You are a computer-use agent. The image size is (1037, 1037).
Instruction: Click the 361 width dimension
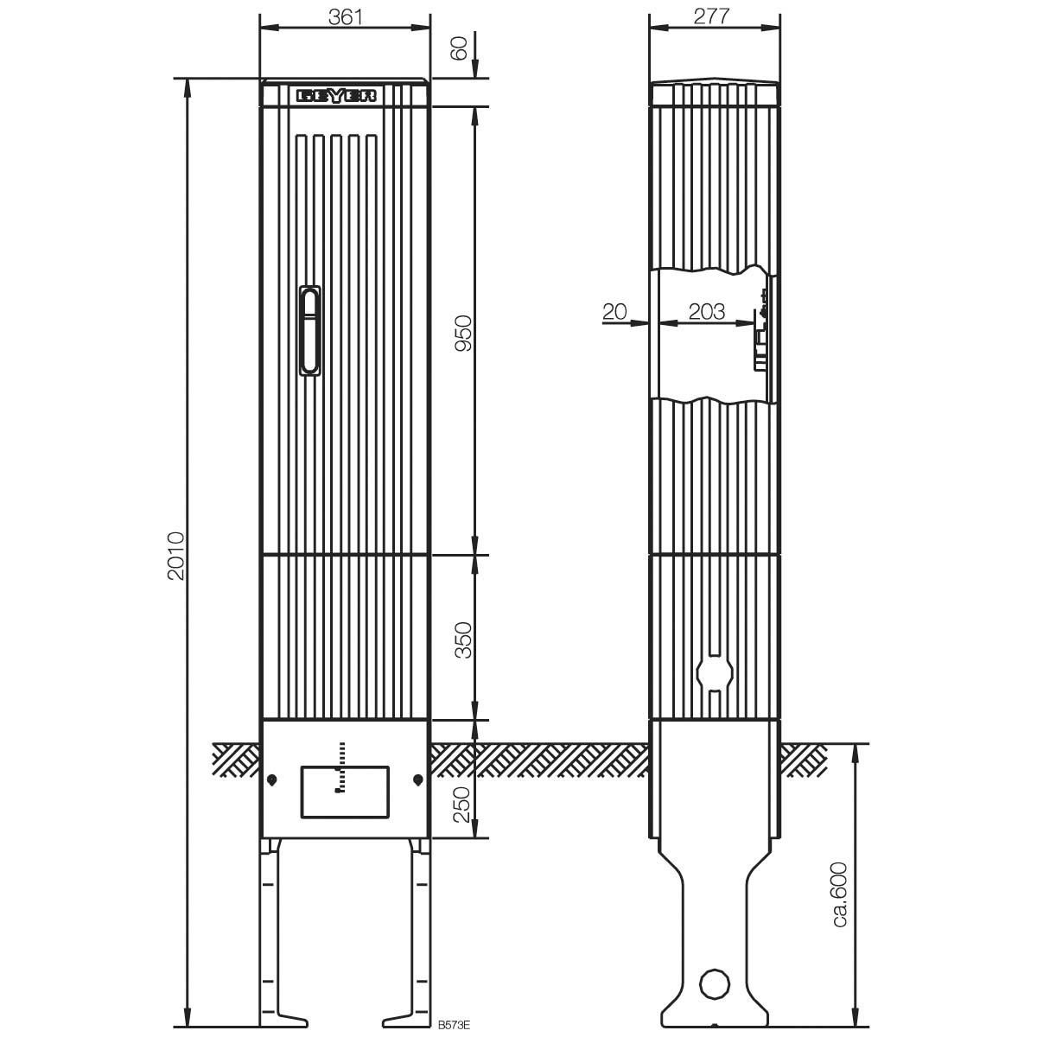(345, 16)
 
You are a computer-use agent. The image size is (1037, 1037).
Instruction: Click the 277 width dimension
(713, 16)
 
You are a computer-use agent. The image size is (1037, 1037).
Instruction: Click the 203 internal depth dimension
(707, 311)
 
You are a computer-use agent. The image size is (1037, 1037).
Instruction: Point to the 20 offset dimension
(614, 311)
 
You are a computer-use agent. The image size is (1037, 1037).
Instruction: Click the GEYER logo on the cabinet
(337, 96)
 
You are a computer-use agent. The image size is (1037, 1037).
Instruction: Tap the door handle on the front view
(309, 331)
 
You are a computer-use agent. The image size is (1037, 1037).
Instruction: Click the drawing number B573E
(454, 1024)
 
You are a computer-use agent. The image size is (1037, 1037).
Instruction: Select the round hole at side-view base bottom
(714, 984)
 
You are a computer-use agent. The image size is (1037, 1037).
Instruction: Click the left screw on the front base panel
(272, 779)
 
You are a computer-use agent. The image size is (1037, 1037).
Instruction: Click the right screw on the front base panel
(417, 779)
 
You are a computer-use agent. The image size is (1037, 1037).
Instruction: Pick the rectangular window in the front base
(344, 792)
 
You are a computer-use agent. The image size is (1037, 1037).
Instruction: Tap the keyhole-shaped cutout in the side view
(715, 672)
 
